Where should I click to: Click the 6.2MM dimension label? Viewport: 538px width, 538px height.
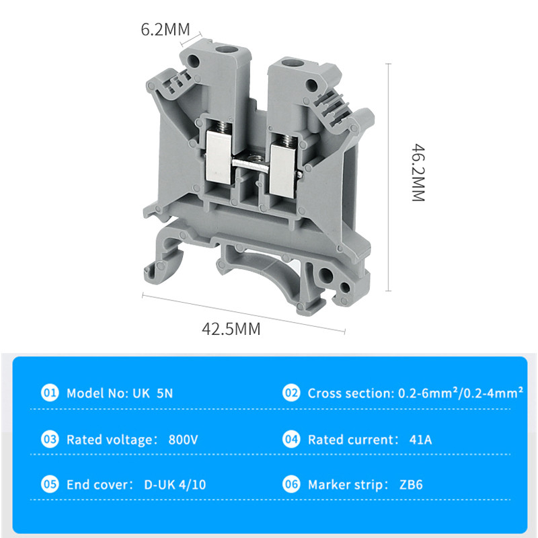(x=165, y=30)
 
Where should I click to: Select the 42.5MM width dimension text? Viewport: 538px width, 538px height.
(x=231, y=329)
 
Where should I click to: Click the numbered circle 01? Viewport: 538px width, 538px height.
(x=50, y=393)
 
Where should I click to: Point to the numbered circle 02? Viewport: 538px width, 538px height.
(x=291, y=393)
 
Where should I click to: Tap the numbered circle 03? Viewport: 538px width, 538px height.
(x=50, y=440)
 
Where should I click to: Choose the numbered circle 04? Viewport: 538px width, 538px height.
(x=291, y=440)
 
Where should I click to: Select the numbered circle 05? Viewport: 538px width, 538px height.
(x=50, y=484)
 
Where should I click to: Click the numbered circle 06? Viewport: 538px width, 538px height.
(x=291, y=484)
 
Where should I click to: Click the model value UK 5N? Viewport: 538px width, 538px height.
(x=149, y=393)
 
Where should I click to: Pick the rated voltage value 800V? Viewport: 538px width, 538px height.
(x=183, y=440)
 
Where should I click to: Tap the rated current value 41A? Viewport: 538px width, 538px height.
(x=420, y=440)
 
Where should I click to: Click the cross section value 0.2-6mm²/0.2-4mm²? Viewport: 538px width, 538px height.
(x=458, y=393)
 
